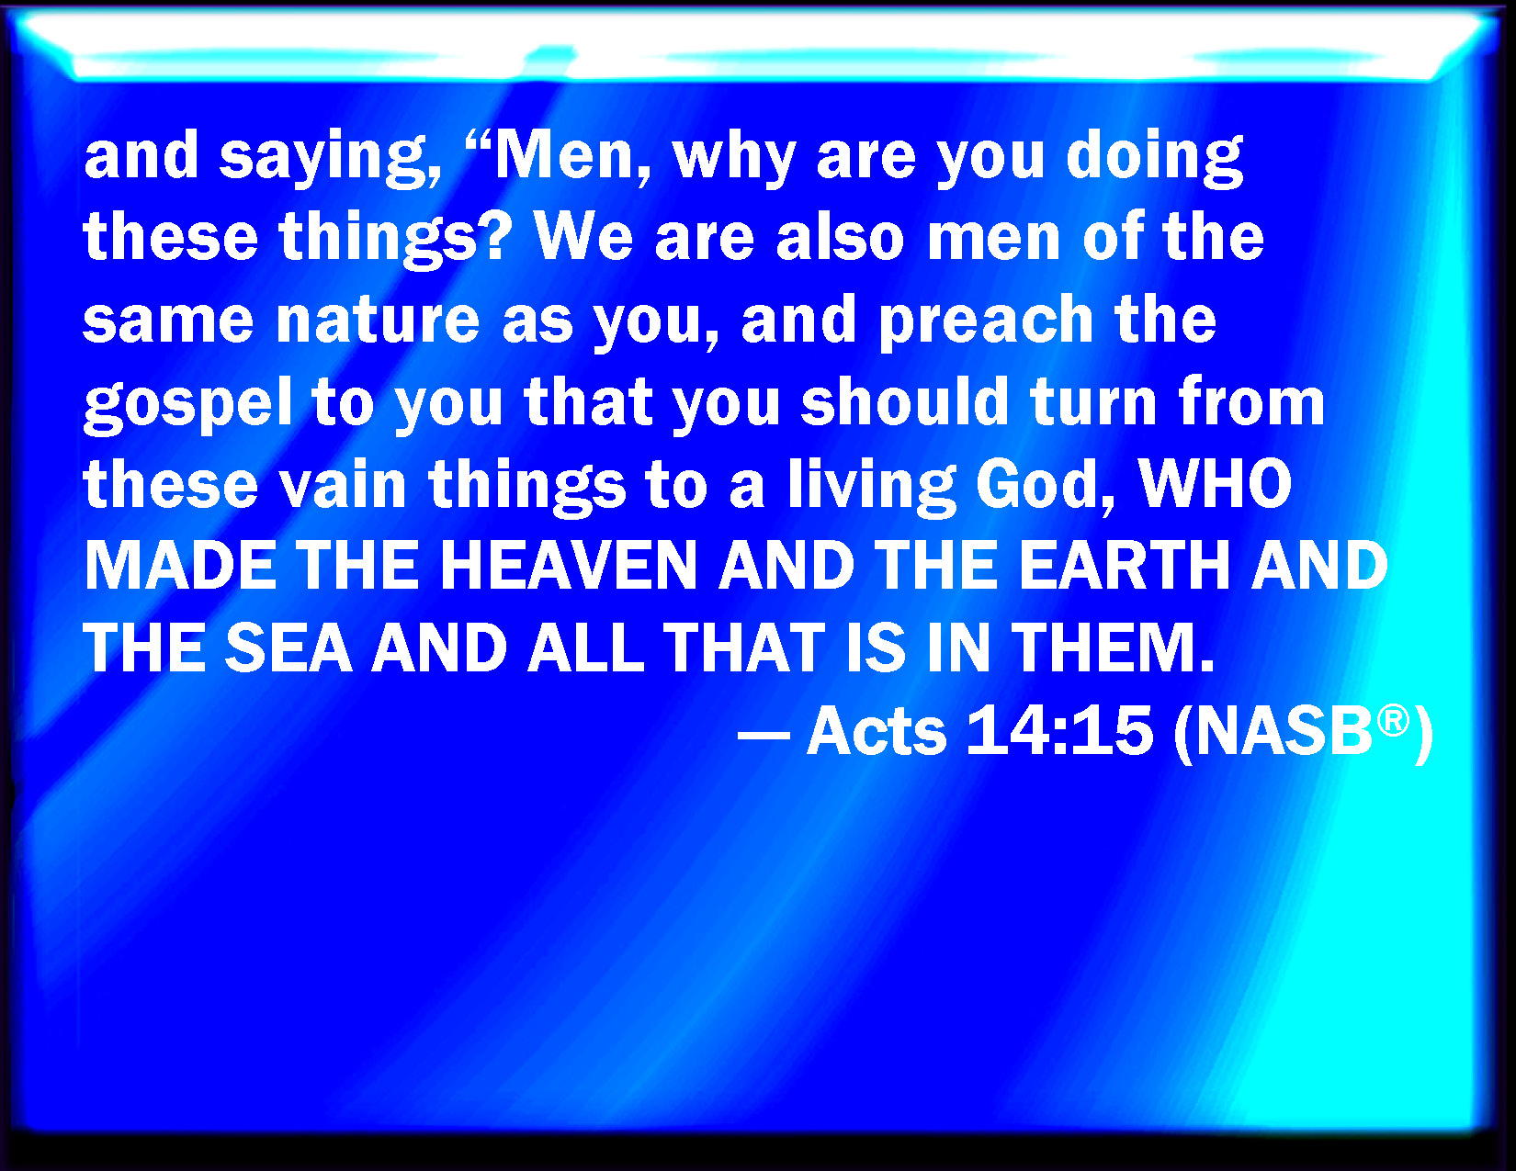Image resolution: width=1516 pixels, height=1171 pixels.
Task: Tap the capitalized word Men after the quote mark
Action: (572, 155)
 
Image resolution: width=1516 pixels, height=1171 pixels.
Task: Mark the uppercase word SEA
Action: (288, 647)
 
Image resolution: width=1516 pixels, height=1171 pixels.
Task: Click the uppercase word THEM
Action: (1113, 647)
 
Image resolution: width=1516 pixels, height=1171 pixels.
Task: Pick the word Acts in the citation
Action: (877, 731)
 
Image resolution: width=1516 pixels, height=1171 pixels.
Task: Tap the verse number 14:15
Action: (1060, 731)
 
